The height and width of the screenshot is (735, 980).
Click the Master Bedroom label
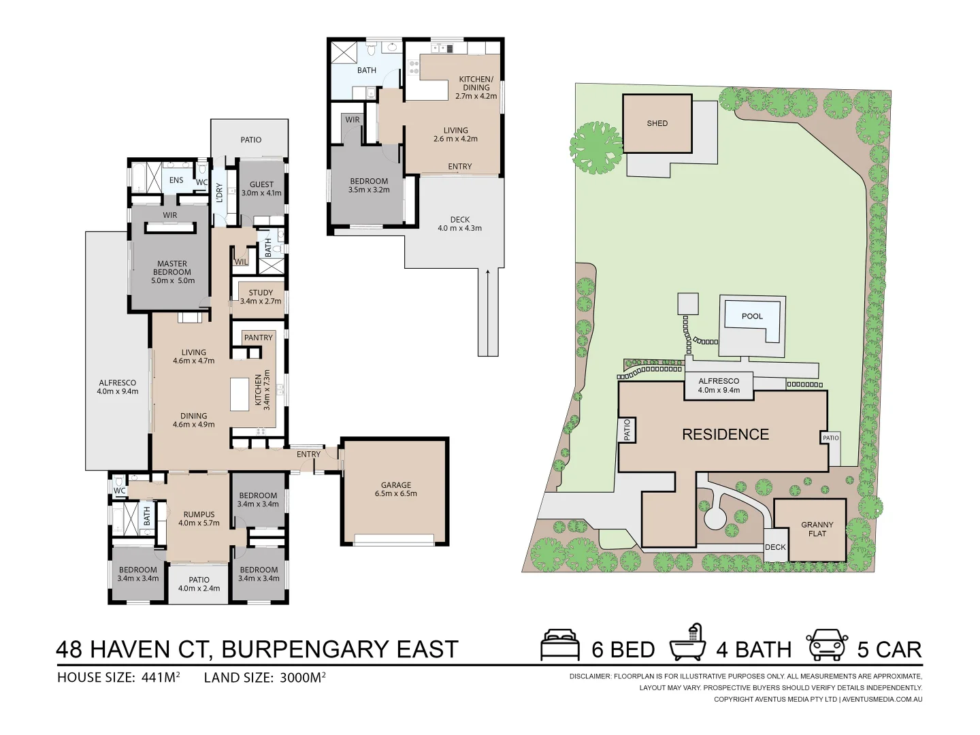[172, 272]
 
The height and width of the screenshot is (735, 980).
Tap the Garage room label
[395, 489]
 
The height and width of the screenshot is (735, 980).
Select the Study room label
[260, 297]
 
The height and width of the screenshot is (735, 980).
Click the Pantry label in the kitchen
[258, 338]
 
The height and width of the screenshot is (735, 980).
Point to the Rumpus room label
[199, 519]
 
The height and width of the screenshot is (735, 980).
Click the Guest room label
[261, 189]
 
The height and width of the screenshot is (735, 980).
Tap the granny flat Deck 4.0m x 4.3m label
[459, 224]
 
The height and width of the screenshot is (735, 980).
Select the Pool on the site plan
[752, 316]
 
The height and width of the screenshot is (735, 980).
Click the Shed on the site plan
[657, 123]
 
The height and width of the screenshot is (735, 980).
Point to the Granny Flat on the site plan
[817, 529]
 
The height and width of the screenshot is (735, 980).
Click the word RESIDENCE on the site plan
[725, 434]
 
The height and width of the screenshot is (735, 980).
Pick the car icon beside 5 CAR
[827, 644]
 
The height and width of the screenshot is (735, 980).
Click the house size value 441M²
[161, 677]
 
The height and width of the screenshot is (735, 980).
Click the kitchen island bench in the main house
[240, 395]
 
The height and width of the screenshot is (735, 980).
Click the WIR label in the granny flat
[353, 120]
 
